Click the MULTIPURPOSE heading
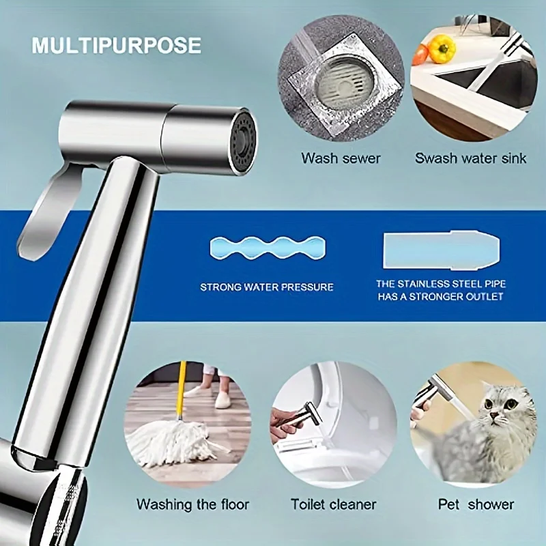(116, 45)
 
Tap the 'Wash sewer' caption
(341, 158)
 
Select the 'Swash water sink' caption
(470, 158)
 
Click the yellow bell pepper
(441, 48)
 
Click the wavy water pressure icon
(268, 248)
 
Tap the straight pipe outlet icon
(442, 250)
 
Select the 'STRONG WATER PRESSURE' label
(267, 287)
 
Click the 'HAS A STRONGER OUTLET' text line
(440, 297)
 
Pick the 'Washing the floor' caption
(192, 504)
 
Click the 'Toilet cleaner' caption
(334, 504)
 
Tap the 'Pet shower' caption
(476, 504)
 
